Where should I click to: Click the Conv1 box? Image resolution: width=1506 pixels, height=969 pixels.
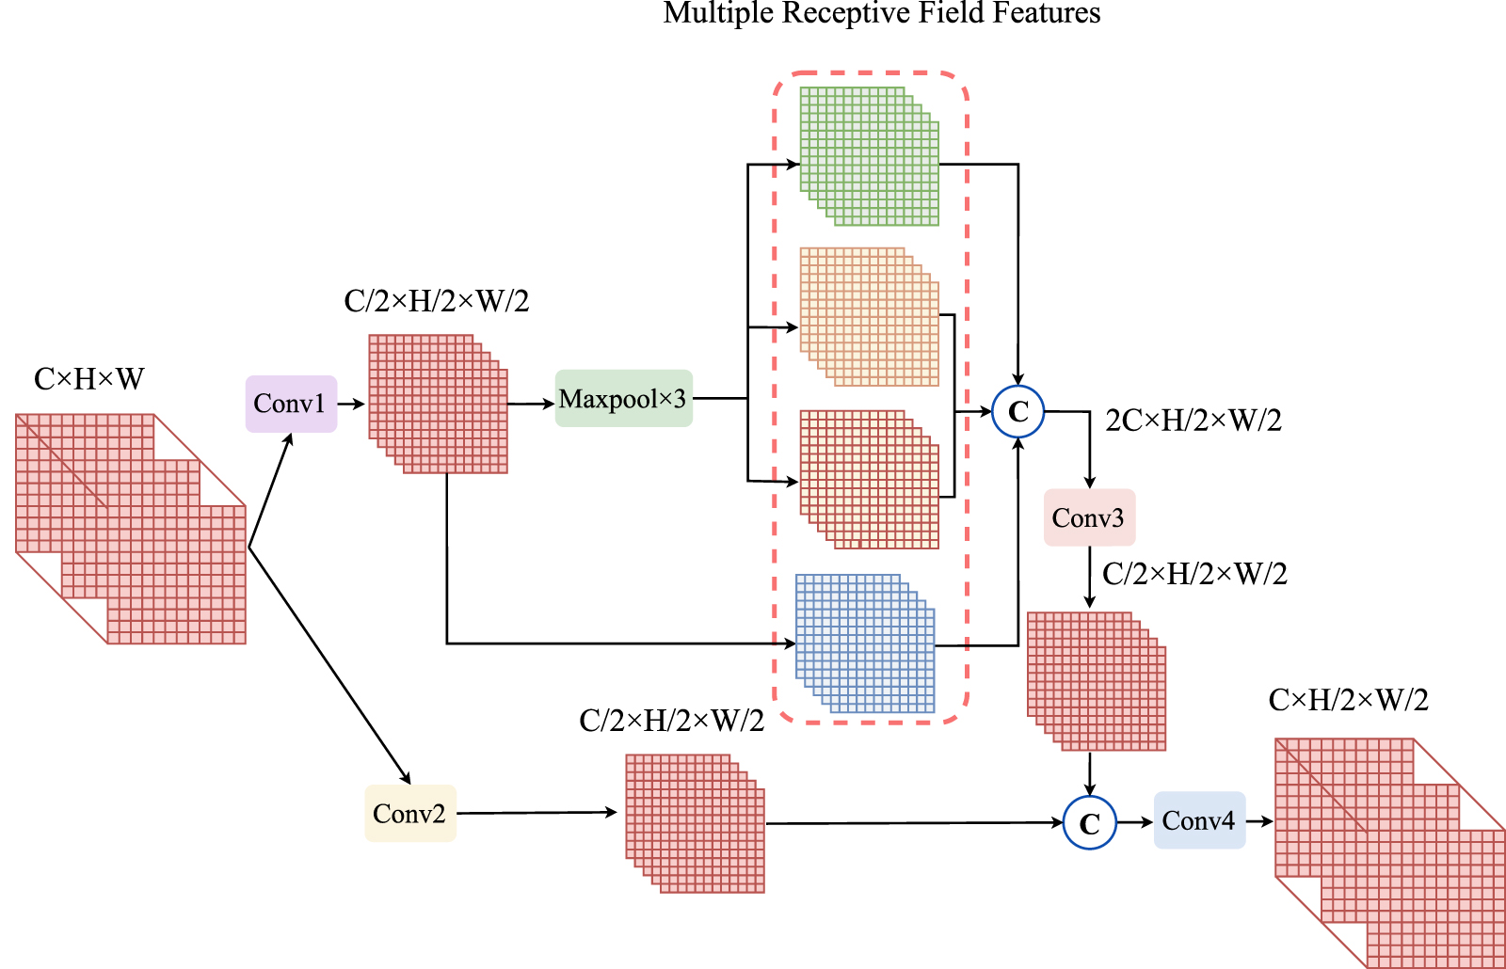coord(291,404)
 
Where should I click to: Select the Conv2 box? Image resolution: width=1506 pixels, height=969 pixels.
coord(409,813)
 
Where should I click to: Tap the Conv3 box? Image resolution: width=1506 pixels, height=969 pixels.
coord(1089,517)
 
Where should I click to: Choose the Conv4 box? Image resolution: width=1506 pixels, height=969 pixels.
coord(1198,820)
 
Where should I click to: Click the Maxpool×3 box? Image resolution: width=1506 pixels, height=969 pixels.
coord(623,399)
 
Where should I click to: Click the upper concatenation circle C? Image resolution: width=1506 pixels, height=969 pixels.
coord(1018,412)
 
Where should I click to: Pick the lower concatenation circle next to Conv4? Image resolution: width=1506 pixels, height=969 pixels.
coord(1089,823)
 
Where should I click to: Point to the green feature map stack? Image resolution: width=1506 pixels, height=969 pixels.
coord(869,156)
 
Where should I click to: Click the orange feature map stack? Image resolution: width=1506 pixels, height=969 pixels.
coord(869,317)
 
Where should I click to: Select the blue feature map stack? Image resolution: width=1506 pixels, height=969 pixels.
coord(865,643)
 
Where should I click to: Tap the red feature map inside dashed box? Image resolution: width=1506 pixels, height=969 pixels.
coord(869,479)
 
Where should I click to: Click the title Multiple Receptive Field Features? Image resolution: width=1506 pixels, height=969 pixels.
coord(882,13)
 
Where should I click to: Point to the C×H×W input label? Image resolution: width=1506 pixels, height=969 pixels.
coord(88,379)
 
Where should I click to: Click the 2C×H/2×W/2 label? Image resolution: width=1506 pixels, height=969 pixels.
coord(1194,421)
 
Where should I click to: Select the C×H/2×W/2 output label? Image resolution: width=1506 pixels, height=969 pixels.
coord(1348,700)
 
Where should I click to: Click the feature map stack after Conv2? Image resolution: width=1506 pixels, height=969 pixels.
coord(695,823)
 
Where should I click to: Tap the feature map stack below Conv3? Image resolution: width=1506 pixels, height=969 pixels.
coord(1096,681)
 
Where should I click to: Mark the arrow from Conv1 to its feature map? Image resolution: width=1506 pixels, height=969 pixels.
coord(351,404)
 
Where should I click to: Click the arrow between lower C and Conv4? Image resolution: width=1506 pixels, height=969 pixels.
coord(1134,822)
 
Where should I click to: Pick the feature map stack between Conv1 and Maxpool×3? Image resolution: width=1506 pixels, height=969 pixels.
coord(438,404)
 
